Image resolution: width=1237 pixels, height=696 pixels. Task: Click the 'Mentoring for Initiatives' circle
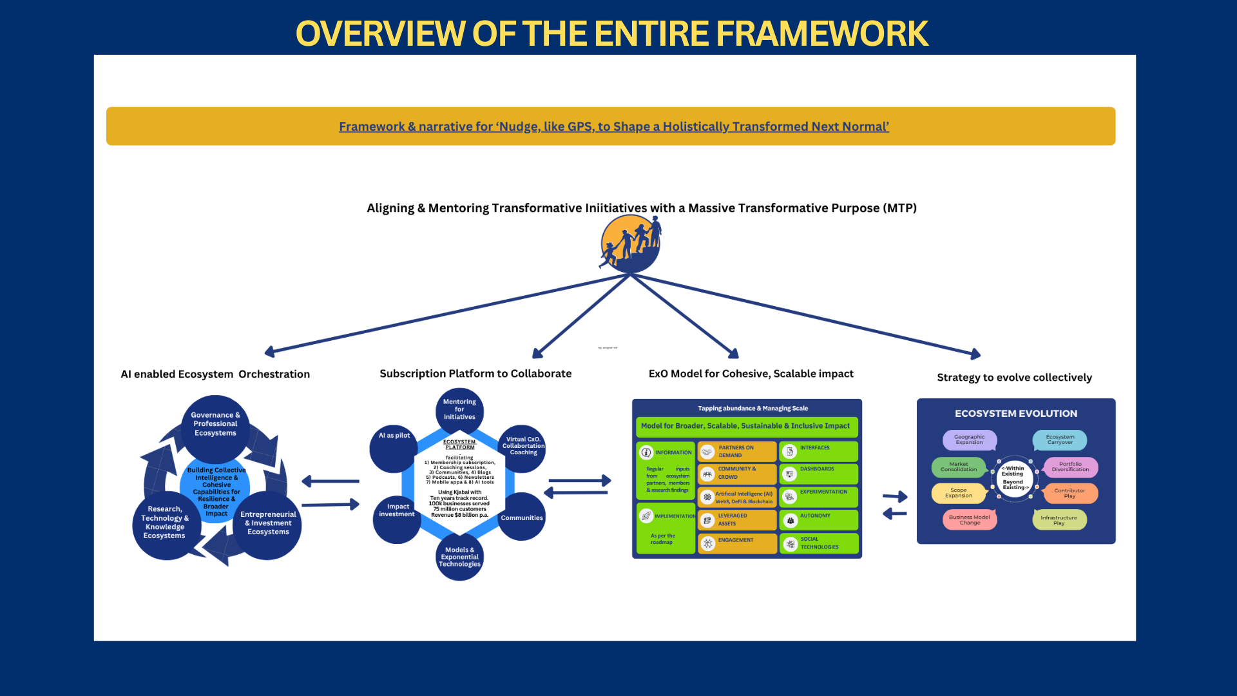(459, 410)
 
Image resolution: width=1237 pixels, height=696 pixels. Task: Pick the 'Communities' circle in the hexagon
(522, 517)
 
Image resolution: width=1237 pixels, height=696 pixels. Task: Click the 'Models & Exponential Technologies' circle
(459, 557)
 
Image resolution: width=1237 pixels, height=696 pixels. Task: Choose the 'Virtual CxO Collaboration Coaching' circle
(523, 447)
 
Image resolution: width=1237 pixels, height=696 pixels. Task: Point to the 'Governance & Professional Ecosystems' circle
(215, 424)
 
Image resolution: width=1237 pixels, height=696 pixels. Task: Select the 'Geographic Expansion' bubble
(970, 440)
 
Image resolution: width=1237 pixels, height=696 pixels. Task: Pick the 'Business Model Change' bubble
(970, 520)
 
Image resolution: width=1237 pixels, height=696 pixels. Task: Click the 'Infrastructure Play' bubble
(1059, 520)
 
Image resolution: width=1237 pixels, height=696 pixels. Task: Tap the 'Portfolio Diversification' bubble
(1070, 467)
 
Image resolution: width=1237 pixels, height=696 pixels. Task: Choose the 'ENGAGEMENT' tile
(737, 543)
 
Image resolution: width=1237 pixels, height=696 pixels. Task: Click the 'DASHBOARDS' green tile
(818, 474)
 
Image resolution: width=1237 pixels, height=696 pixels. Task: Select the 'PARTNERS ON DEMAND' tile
(737, 451)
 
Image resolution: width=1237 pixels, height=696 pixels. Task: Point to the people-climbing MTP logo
(631, 244)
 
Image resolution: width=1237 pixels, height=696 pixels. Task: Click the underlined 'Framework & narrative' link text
(613, 127)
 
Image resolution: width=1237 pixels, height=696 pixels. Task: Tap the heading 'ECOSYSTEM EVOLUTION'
(1015, 414)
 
